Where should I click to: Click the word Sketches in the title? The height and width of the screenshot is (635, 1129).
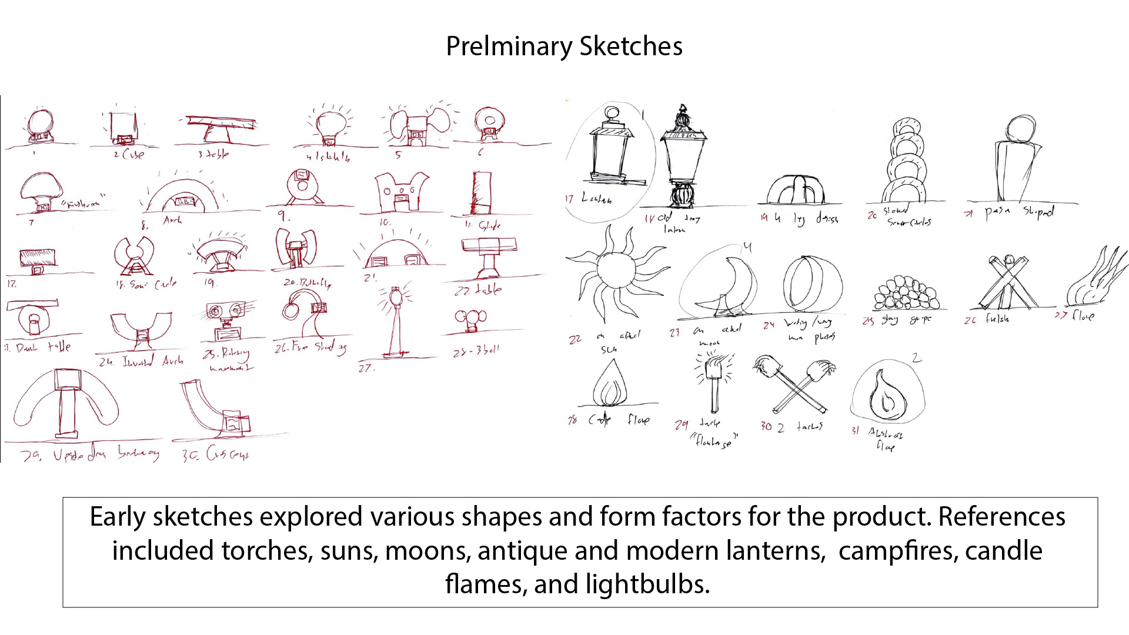(630, 46)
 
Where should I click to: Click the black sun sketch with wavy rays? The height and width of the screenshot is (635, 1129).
(616, 272)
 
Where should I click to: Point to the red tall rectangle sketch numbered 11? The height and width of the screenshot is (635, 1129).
(481, 193)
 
